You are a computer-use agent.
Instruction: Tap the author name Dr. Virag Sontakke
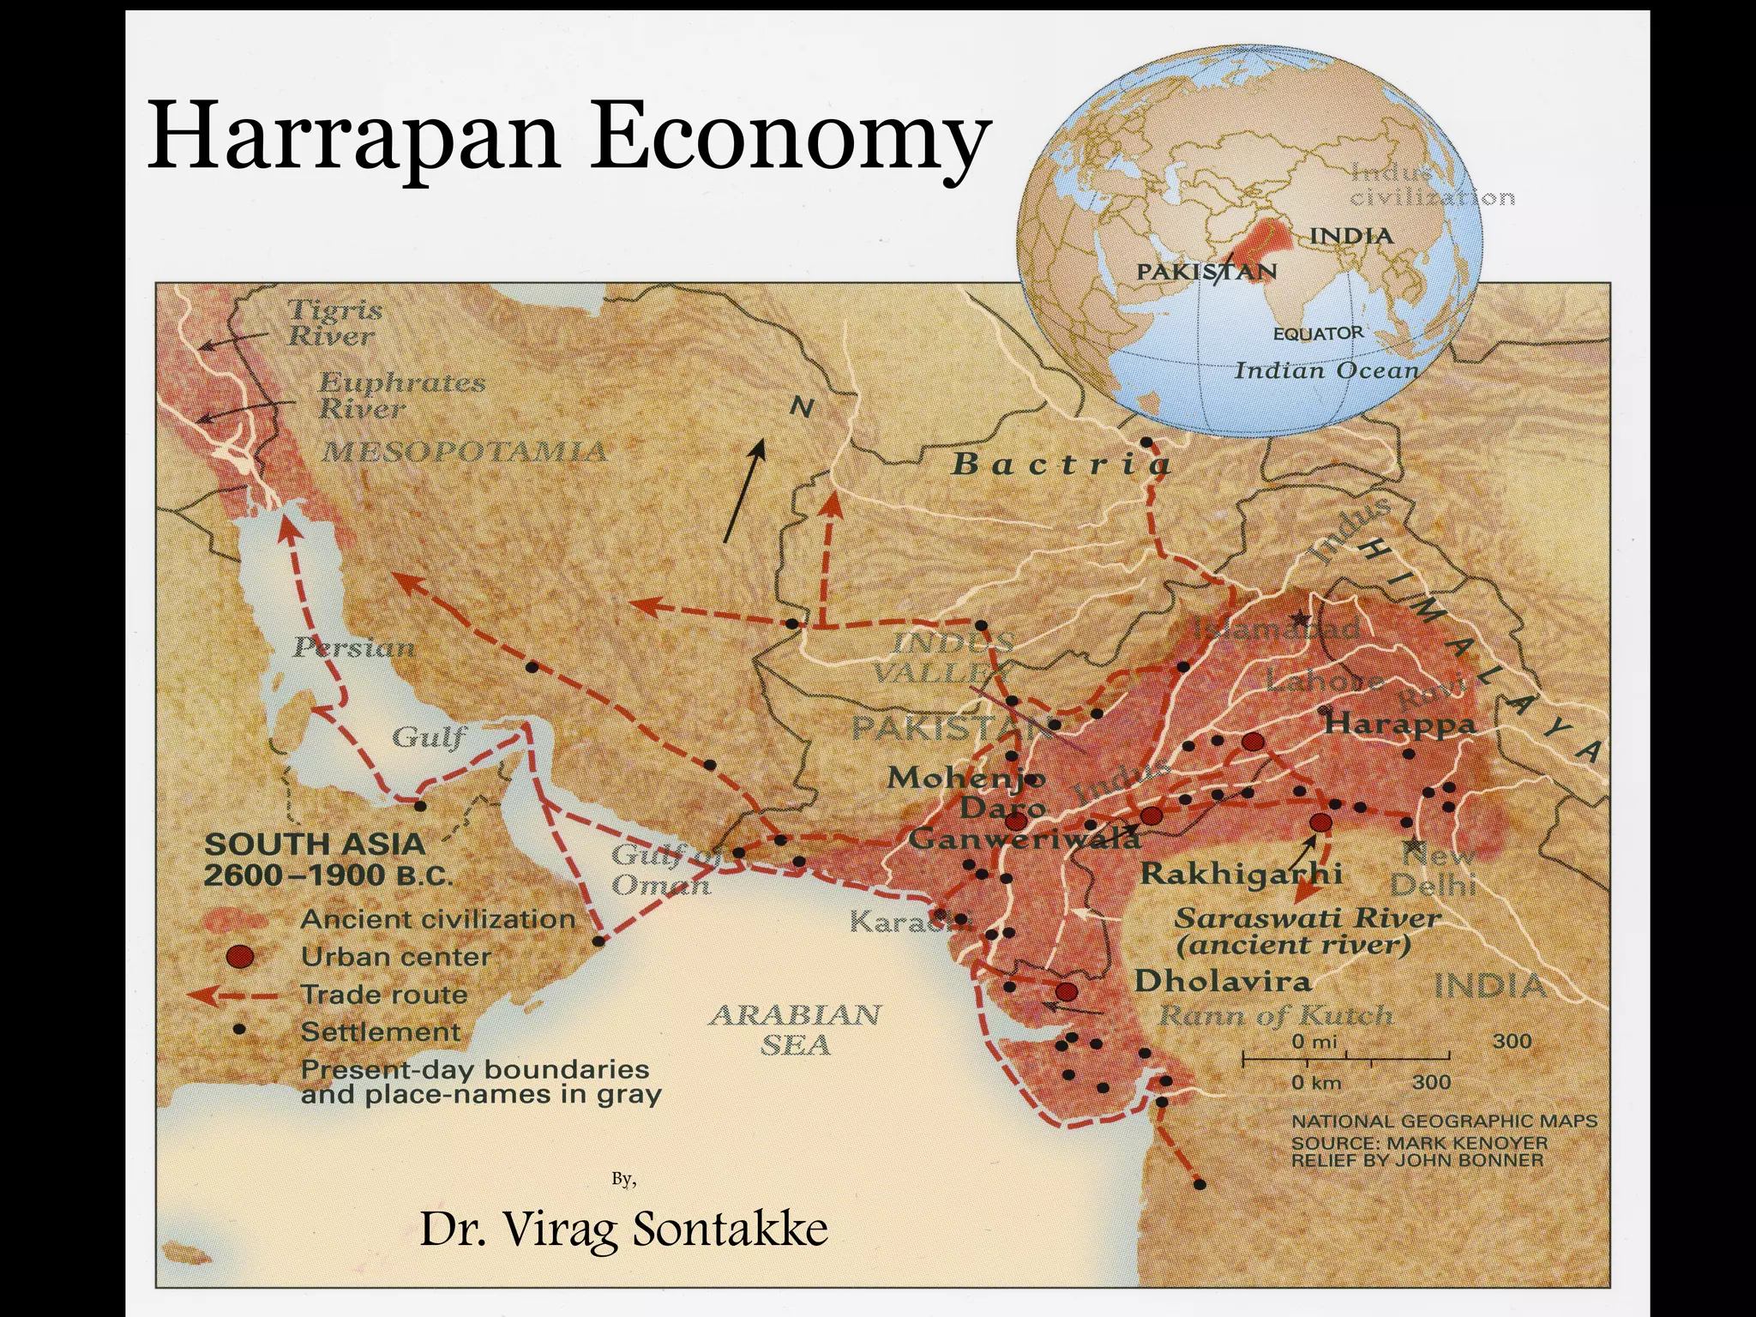coord(623,1229)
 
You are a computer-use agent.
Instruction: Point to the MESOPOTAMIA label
coord(464,452)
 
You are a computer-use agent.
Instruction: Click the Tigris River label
coord(333,322)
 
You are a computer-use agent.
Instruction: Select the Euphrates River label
coord(400,395)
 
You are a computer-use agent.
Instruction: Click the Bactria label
coord(1061,464)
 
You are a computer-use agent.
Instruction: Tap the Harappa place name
coord(1399,724)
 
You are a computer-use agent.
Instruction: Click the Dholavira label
coord(1222,981)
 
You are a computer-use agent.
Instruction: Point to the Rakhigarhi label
coord(1241,874)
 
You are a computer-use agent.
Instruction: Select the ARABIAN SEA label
coord(795,1029)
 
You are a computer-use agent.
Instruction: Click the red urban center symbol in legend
coord(241,956)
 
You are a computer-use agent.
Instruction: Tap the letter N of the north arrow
coord(801,408)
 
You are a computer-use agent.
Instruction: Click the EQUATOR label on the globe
coord(1317,334)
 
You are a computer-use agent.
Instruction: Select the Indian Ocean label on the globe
coord(1326,370)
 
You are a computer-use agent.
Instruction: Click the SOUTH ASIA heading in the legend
coord(315,845)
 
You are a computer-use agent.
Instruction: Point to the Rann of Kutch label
coord(1275,1016)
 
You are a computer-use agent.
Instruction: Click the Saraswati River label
coord(1306,918)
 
